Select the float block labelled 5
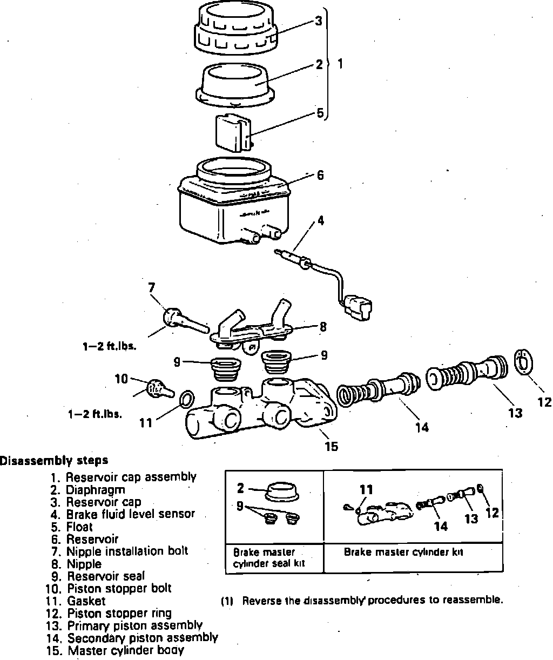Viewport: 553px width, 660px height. coord(234,133)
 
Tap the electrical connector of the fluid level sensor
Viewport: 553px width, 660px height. coord(358,307)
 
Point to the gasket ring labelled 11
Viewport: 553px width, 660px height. coord(187,399)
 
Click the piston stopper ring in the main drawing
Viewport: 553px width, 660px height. coord(524,362)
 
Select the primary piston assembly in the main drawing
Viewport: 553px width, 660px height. coord(467,372)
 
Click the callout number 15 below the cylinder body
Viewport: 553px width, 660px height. coord(331,446)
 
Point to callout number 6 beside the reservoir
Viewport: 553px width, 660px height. coord(320,175)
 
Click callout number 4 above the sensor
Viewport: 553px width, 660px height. coord(321,221)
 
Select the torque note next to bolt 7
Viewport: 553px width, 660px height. coord(109,346)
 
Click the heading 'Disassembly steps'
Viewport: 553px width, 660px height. coord(54,460)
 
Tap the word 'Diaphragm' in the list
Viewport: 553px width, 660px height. coord(96,490)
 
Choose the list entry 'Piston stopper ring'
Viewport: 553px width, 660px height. coord(119,613)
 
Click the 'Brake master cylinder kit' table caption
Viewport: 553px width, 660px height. coord(403,552)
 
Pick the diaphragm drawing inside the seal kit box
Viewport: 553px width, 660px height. coord(282,491)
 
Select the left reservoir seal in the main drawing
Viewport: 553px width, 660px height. coord(225,370)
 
